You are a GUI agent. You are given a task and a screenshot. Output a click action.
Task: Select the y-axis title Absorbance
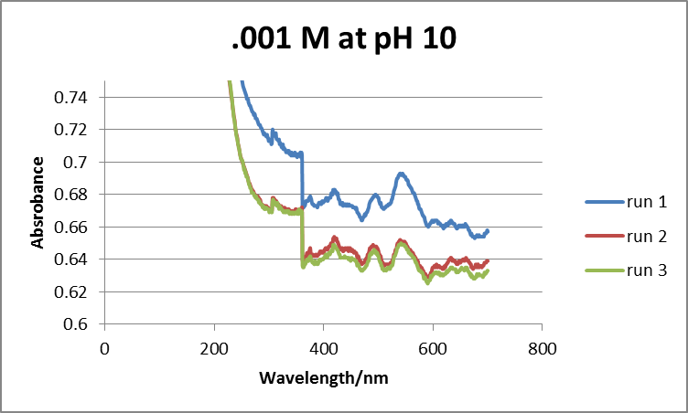pos(38,203)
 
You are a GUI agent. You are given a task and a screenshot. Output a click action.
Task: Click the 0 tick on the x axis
pos(104,349)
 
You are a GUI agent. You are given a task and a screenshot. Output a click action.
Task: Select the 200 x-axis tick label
pos(214,349)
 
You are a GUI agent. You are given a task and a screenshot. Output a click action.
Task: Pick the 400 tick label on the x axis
pos(323,349)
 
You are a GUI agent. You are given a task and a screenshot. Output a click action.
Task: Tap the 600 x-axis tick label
pos(433,349)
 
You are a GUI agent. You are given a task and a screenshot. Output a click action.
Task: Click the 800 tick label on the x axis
pos(542,349)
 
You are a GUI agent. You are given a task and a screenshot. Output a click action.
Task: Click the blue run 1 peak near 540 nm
pos(401,173)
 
